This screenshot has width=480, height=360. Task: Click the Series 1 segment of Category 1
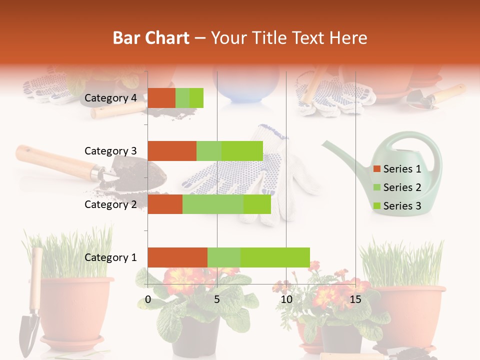(x=177, y=257)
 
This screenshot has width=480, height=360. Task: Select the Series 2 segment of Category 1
(x=224, y=257)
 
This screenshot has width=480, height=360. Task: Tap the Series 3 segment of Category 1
(x=275, y=257)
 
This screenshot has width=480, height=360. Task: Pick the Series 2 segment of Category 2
(x=213, y=204)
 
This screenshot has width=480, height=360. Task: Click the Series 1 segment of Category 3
(x=172, y=151)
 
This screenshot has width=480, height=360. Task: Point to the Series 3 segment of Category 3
(x=242, y=151)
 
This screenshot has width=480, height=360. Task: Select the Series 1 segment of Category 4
(x=161, y=98)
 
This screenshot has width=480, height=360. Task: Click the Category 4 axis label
(x=110, y=98)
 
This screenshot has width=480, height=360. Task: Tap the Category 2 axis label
(x=110, y=204)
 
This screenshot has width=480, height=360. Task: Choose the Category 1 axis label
(x=110, y=257)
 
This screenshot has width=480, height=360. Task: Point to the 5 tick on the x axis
(x=217, y=299)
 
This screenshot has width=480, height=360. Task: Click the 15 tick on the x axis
(x=355, y=299)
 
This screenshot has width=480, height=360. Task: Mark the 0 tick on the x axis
(x=148, y=299)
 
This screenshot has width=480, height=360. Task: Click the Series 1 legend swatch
(x=376, y=169)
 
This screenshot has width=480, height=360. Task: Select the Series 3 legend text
(x=402, y=206)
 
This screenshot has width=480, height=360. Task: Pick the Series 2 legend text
(x=402, y=187)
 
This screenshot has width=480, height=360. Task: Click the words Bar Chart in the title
(x=151, y=38)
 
